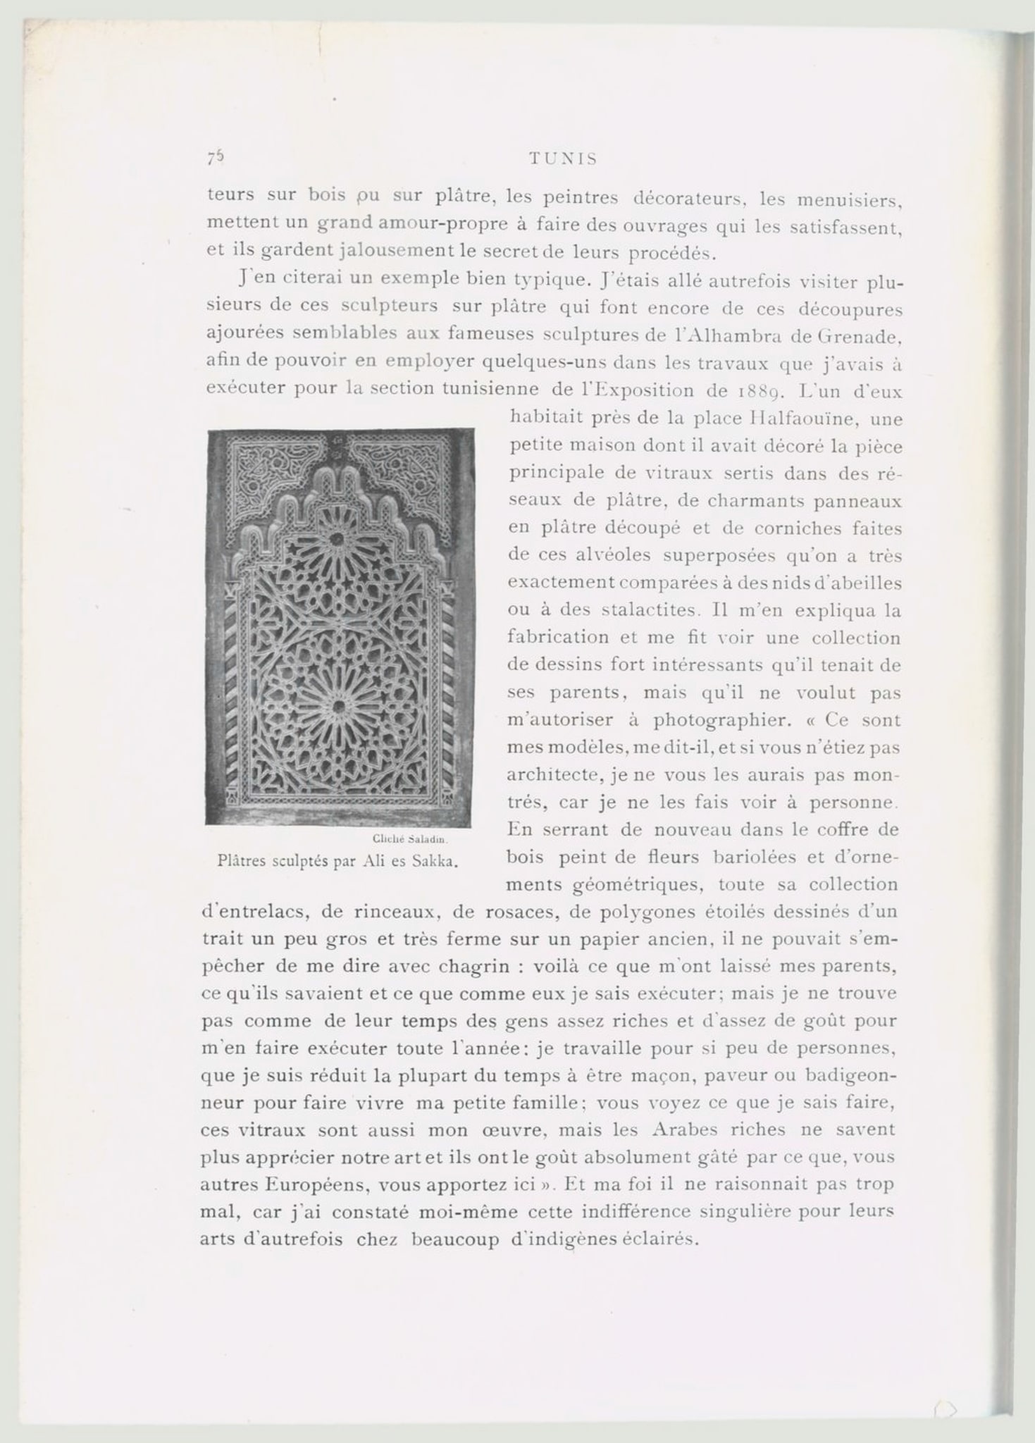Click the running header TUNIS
click(x=562, y=159)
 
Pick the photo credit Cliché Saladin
click(x=410, y=839)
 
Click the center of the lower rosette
click(x=339, y=705)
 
